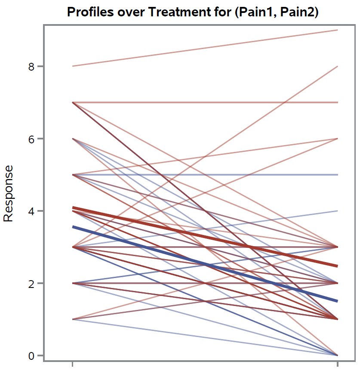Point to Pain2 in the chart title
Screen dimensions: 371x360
(x=297, y=12)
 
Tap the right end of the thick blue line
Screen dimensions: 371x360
(x=337, y=301)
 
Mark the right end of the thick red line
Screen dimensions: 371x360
(x=337, y=266)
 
